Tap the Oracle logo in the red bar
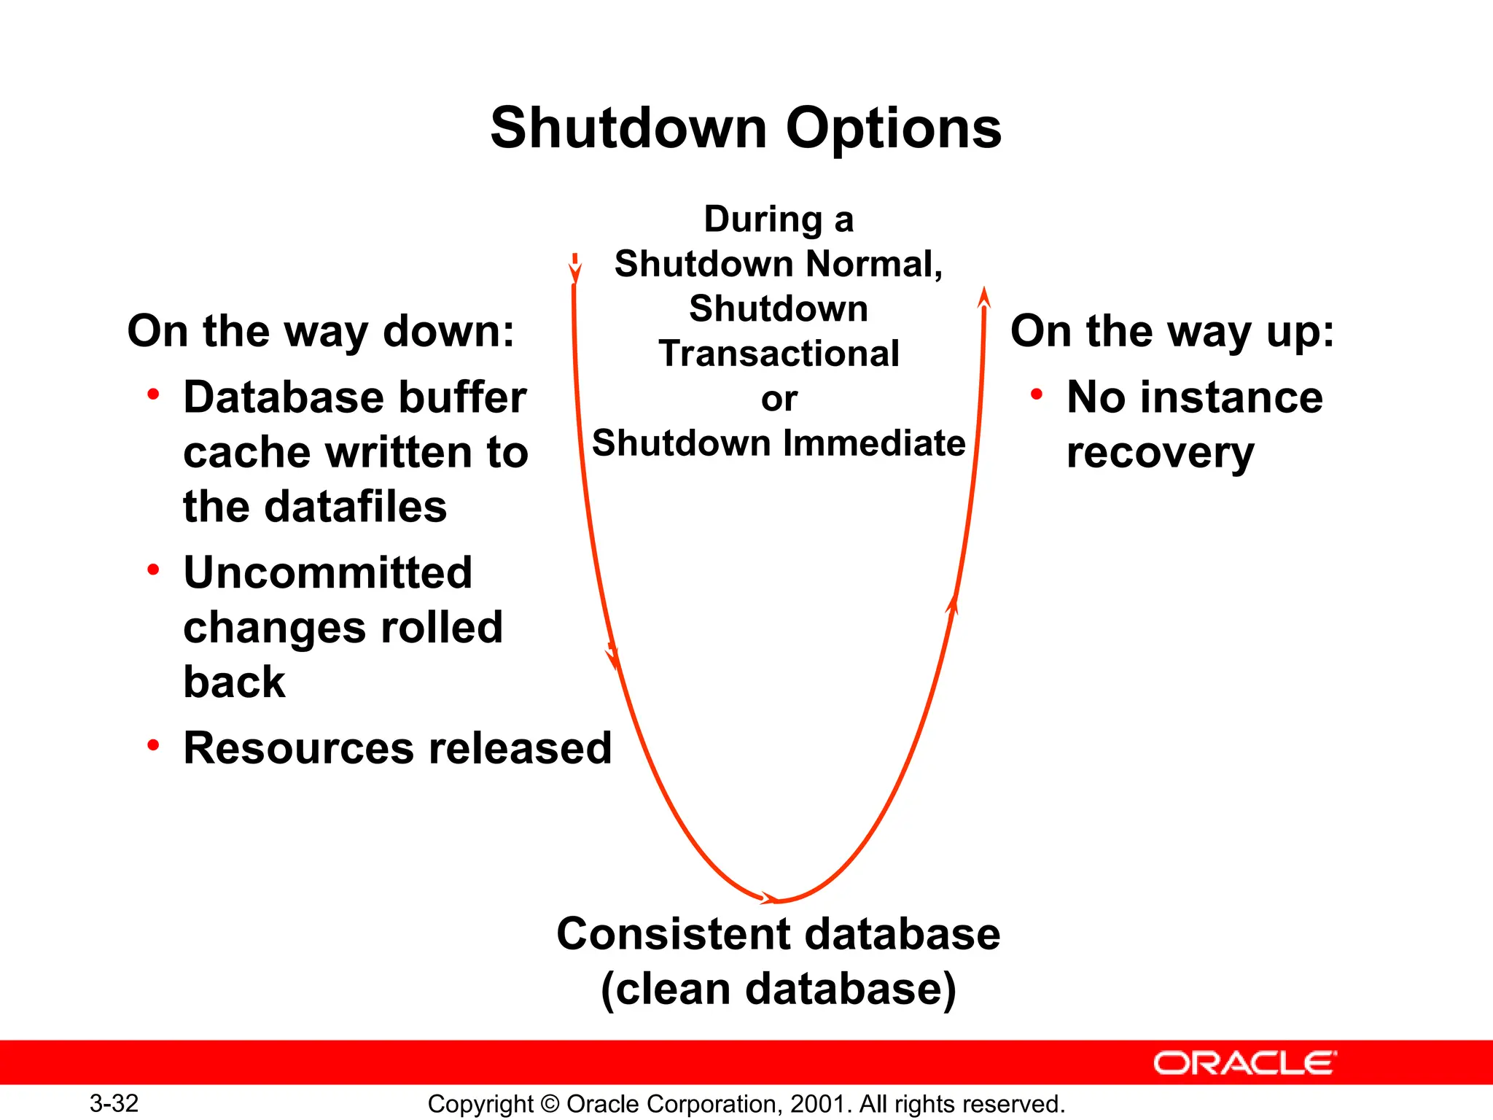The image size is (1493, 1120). (1244, 1062)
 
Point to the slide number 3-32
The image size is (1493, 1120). (114, 1103)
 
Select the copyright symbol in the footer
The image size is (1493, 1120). (550, 1104)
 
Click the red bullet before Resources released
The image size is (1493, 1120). (153, 745)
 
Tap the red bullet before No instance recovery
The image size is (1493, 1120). (1036, 394)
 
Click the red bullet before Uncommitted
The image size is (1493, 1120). (153, 569)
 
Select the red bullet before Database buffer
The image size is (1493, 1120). (153, 394)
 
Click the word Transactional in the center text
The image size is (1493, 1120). (779, 354)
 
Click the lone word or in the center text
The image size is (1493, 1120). (779, 399)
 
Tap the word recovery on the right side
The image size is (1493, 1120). (1160, 454)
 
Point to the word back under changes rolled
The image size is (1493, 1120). (234, 682)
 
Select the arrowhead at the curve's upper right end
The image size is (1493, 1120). (984, 297)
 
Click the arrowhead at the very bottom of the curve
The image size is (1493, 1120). (770, 898)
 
